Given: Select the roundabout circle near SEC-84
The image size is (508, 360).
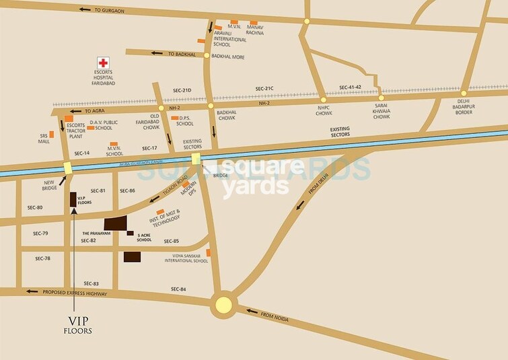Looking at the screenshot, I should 223,305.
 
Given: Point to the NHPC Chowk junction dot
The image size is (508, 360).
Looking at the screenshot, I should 324,100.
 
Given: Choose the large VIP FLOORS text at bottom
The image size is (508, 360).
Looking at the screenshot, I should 77,326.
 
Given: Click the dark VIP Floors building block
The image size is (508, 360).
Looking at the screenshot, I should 73,201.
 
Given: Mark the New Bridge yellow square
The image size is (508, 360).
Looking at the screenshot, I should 68,169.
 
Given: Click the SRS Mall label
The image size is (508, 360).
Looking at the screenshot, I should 44,139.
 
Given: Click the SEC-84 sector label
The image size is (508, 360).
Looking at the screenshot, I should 178,289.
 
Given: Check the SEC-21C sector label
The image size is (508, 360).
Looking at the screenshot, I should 264,89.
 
